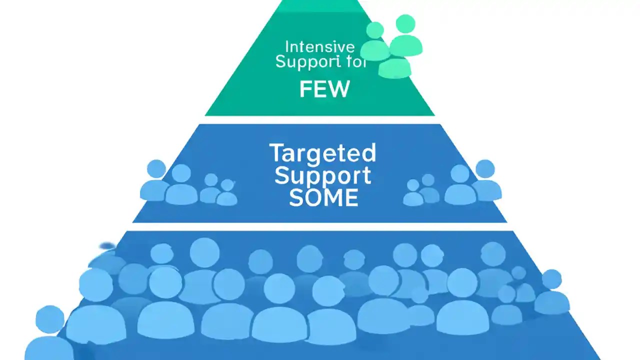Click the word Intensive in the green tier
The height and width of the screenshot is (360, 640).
tap(319, 47)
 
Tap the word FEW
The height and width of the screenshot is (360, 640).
tap(324, 89)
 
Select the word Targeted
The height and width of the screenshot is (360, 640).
tap(322, 153)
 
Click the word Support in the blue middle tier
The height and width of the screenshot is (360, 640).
tap(322, 176)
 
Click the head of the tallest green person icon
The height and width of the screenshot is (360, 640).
tap(405, 24)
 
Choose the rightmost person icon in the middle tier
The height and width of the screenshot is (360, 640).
tap(485, 181)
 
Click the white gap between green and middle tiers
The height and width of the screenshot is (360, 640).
tap(320, 120)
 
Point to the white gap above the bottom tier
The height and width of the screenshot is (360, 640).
tap(320, 226)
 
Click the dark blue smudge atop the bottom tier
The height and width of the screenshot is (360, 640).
tap(107, 246)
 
